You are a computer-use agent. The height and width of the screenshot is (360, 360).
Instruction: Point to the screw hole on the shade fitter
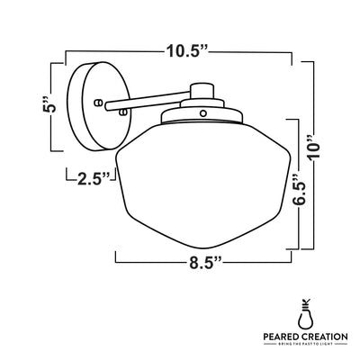(202, 113)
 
